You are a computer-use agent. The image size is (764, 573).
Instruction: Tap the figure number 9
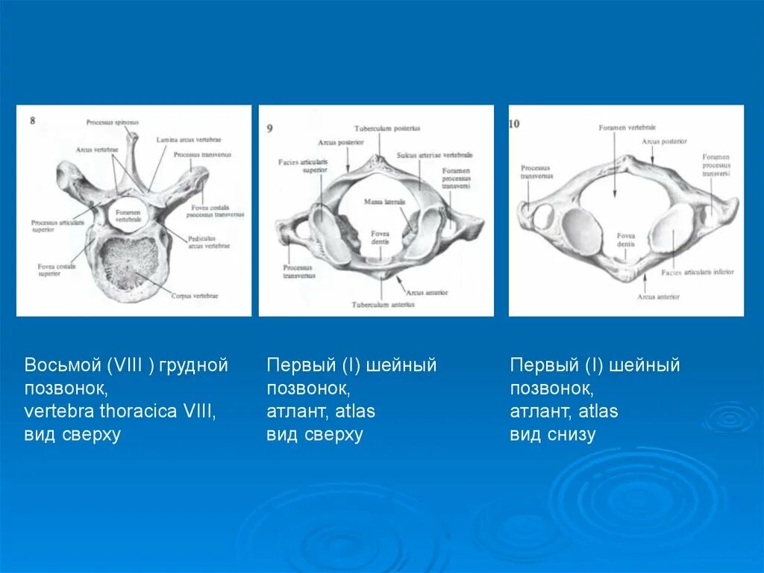click(x=269, y=128)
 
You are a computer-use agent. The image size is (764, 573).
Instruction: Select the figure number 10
click(x=516, y=123)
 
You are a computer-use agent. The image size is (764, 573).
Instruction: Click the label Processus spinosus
click(x=112, y=122)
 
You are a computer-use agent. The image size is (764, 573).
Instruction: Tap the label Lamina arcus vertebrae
click(x=189, y=140)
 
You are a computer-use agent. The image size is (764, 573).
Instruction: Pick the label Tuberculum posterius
click(x=387, y=128)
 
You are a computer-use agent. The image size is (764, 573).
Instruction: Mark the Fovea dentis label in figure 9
click(x=381, y=238)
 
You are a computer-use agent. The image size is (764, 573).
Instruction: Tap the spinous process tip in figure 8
click(x=132, y=136)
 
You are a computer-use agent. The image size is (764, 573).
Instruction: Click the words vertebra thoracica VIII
click(x=119, y=412)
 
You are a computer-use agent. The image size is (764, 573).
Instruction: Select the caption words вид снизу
click(x=552, y=435)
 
